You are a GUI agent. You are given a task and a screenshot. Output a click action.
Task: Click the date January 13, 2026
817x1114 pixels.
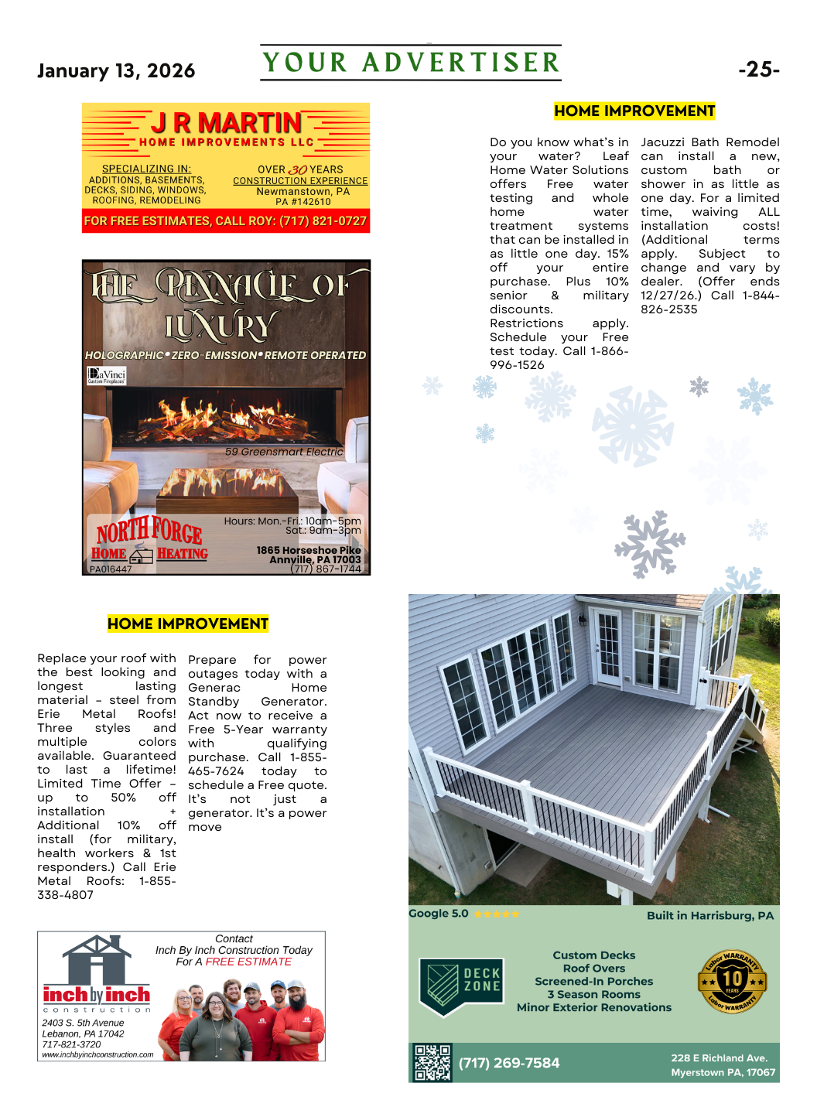click(116, 71)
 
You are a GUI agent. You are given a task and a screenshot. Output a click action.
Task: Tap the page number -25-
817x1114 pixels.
click(758, 70)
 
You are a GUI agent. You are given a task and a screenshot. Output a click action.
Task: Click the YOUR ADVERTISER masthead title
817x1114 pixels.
click(411, 63)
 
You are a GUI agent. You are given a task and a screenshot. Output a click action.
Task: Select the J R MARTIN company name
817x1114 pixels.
click(226, 123)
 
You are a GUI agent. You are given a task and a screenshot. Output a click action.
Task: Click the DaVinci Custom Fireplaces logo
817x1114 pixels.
click(106, 376)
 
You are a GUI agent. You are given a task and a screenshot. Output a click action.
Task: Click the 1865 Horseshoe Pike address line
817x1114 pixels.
click(309, 550)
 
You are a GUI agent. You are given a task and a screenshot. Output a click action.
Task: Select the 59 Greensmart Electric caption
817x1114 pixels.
click(284, 452)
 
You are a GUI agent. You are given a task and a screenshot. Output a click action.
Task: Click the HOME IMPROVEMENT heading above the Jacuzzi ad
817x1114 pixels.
click(634, 111)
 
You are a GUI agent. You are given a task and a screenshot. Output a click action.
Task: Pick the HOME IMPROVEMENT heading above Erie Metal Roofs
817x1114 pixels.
click(188, 624)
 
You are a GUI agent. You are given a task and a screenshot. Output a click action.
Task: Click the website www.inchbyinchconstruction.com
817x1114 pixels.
click(97, 1054)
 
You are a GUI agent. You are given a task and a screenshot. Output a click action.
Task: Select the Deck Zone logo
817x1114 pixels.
click(461, 985)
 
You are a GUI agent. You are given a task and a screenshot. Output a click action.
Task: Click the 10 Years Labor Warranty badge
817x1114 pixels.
click(732, 982)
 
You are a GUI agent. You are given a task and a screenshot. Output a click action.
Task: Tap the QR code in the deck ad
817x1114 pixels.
click(432, 1062)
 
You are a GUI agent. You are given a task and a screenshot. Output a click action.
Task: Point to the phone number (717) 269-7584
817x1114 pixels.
click(509, 1063)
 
